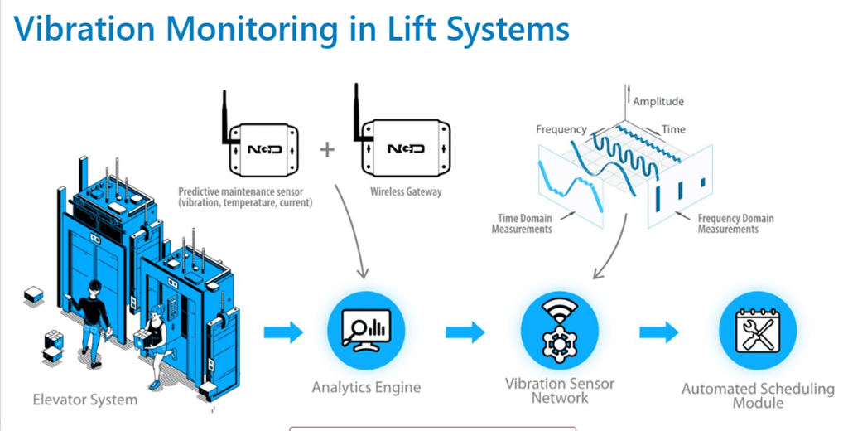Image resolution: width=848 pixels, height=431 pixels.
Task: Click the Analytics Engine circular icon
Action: click(x=365, y=332)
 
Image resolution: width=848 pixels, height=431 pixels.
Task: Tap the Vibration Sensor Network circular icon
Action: click(x=559, y=332)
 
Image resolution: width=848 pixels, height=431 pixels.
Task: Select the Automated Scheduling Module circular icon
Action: click(x=757, y=332)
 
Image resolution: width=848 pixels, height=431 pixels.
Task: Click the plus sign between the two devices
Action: click(x=328, y=149)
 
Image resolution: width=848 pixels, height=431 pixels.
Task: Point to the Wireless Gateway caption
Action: click(x=406, y=191)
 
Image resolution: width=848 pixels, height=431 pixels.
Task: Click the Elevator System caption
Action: click(x=85, y=400)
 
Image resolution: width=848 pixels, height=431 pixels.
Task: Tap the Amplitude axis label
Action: click(x=658, y=101)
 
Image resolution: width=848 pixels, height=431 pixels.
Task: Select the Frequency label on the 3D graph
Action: click(x=561, y=129)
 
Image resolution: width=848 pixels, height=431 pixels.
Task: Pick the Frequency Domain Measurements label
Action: click(x=735, y=223)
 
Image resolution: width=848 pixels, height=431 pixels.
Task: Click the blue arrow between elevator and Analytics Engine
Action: click(x=283, y=332)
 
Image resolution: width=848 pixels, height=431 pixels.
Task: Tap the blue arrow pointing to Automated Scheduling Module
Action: click(x=658, y=332)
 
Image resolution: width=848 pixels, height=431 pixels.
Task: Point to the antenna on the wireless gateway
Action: click(x=356, y=108)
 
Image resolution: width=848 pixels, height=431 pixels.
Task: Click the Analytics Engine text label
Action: click(x=366, y=387)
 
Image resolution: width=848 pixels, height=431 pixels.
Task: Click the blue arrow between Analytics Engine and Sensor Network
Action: click(x=465, y=332)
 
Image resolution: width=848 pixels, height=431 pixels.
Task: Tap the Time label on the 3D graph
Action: click(x=673, y=129)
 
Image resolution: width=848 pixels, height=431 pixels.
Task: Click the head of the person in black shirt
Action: click(x=94, y=286)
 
